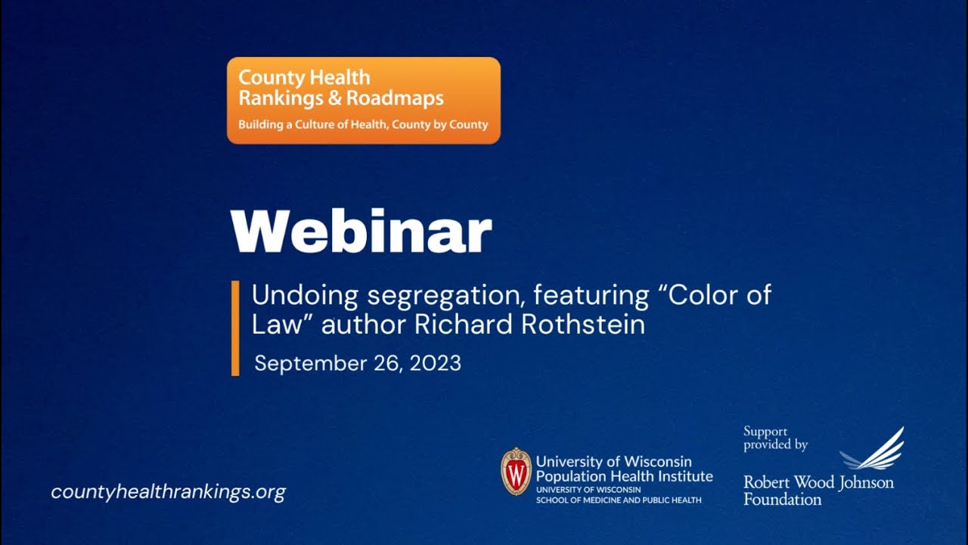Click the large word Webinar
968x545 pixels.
(361, 231)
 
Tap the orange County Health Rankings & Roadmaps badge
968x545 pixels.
(363, 100)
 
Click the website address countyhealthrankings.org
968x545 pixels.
(168, 492)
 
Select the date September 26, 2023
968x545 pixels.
(358, 363)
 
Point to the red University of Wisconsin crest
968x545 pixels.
(516, 472)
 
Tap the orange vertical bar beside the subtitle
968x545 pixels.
(235, 328)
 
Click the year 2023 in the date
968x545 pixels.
(435, 363)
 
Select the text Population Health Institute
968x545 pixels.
(624, 476)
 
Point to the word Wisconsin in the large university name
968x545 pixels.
(656, 462)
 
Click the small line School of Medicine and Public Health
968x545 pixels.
(619, 500)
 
